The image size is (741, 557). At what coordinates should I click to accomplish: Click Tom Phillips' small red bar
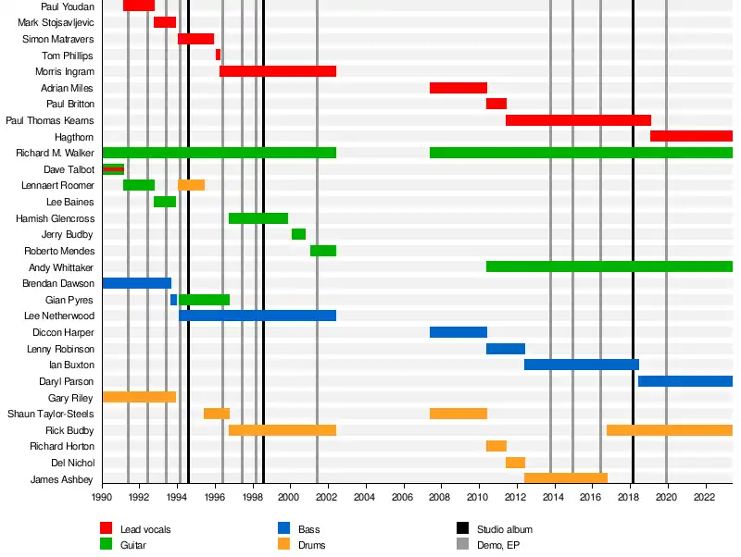[218, 55]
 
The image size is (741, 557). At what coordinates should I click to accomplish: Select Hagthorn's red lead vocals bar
[691, 136]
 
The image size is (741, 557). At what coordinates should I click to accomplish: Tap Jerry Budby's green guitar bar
[298, 234]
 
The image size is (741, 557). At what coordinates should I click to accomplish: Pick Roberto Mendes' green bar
[323, 251]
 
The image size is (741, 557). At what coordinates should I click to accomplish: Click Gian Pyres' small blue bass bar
[173, 300]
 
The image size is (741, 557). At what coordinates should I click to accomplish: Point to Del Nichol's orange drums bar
[515, 463]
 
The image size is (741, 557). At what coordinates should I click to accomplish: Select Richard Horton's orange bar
[496, 446]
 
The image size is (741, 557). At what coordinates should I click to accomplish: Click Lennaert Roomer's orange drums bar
[191, 185]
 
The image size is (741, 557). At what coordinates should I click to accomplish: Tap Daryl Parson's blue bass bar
[684, 381]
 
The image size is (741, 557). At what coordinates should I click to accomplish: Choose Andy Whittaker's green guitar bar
[609, 266]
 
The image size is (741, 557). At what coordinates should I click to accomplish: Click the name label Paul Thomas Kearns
[50, 120]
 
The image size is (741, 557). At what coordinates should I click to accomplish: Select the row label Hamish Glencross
[55, 218]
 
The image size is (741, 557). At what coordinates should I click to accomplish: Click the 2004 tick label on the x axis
[366, 498]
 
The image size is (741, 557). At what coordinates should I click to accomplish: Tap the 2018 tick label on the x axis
[630, 498]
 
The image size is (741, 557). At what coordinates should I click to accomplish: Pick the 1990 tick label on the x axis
[102, 498]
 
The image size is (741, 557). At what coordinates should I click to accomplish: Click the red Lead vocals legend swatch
[107, 529]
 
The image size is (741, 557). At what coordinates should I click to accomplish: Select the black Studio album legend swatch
[462, 529]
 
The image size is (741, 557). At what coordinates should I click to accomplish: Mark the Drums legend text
[312, 545]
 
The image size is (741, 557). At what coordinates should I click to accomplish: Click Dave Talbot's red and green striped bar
[113, 169]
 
